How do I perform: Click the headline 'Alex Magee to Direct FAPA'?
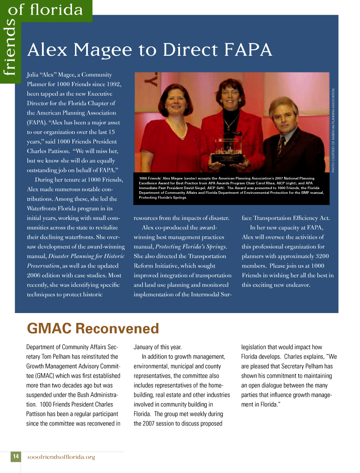point(149,50)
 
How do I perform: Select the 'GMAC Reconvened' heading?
point(93,329)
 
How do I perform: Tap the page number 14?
point(15,457)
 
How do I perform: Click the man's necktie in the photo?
point(281,146)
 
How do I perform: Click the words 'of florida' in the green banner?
point(45,9)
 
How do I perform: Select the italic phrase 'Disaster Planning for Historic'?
point(86,256)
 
